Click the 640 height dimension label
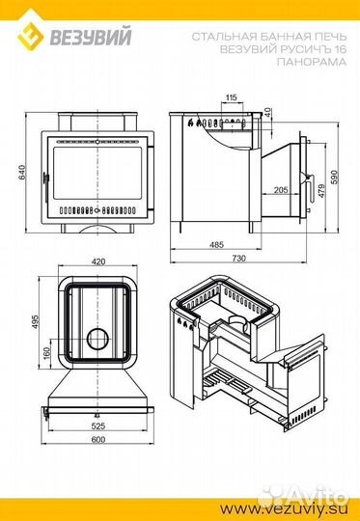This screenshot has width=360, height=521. coord(21,173)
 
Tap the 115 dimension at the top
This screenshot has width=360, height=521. coord(232,97)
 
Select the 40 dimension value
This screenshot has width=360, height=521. coord(268,112)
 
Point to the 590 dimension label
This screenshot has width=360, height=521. coord(334,178)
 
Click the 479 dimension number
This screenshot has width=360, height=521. coord(321,191)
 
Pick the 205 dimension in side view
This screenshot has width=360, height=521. coord(281,190)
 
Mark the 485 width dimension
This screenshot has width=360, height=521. coord(217,245)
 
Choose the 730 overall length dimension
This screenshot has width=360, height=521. coord(238,258)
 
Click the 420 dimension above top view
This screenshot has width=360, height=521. coord(98,261)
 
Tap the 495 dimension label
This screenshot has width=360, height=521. coord(36,321)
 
